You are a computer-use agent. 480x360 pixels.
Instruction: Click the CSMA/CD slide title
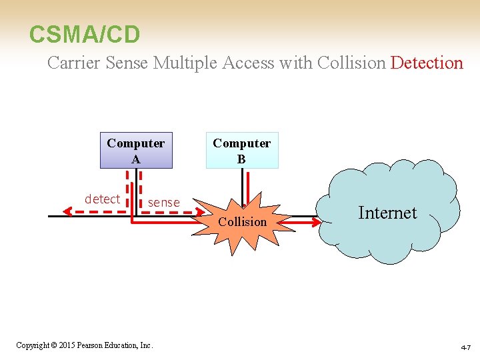85,33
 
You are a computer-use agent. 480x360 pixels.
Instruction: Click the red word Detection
427,63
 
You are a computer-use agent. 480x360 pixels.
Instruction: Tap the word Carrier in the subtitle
73,63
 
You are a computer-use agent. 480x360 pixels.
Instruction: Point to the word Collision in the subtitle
351,63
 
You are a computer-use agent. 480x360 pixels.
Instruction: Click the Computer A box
136,151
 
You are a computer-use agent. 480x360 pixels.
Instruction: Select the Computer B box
241,151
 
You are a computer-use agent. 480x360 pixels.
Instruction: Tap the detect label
102,199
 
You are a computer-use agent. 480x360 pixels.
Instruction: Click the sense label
164,202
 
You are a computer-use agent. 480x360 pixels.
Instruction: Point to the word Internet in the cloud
387,213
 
